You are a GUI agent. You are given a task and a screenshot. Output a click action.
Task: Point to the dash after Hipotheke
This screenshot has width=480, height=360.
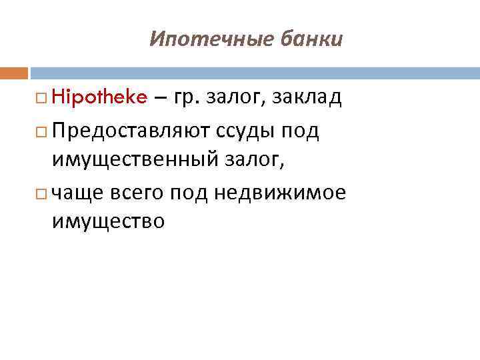coord(160,99)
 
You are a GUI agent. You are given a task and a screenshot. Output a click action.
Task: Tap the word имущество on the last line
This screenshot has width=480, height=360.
coord(107,221)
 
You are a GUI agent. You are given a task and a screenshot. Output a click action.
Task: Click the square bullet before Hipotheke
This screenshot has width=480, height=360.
coord(41,99)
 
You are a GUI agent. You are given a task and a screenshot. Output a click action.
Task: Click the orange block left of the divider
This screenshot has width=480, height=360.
coord(14,72)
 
